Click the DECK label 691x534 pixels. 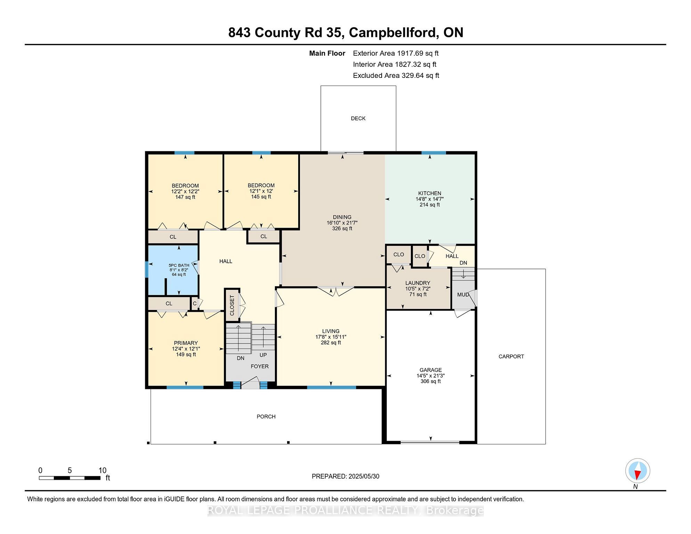pos(358,119)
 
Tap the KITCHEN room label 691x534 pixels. pos(430,193)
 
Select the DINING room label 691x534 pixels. pos(342,217)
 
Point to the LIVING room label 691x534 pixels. pos(331,331)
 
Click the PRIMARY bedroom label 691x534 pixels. pos(186,343)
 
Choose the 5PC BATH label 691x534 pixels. pos(179,265)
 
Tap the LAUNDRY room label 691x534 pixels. pos(418,283)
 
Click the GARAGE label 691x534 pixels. pos(431,370)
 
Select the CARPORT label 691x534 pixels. pos(511,356)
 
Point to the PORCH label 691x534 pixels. pos(266,416)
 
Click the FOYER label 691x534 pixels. pos(260,366)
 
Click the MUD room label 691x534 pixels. pos(463,295)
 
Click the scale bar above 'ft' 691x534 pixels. pos(70,478)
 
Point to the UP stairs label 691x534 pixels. pos(263,355)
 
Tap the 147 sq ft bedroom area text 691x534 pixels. pos(185,197)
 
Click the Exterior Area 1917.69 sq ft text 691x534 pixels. pos(396,53)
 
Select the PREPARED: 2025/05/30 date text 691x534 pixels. pos(345,476)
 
